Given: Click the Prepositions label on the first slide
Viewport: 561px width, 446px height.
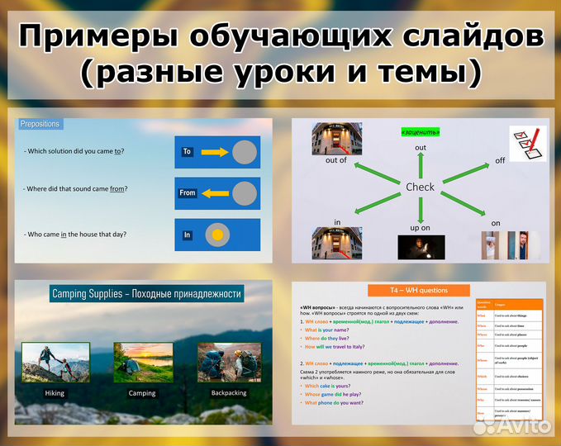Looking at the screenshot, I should (x=40, y=124).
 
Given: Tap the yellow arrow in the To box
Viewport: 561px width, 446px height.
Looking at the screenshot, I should (x=214, y=152).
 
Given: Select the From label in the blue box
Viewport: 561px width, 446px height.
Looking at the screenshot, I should (x=188, y=192).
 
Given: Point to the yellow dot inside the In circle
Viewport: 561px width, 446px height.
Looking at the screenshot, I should (x=217, y=235).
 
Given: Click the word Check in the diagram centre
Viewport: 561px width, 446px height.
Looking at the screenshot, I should (x=420, y=187).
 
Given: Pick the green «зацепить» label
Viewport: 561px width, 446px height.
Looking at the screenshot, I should (x=420, y=131).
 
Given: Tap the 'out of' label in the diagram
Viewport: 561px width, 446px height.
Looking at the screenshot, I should (x=336, y=160).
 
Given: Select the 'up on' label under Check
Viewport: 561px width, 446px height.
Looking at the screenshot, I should (x=420, y=227).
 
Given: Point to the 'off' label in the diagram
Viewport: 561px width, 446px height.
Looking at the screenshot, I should (x=499, y=160).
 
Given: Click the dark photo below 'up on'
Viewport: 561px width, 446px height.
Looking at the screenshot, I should (x=421, y=247).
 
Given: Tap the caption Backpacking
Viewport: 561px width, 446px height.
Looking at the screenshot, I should (x=227, y=393).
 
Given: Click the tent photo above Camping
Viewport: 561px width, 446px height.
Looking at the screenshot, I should (x=142, y=362).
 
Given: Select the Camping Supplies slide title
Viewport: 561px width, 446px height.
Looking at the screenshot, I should (x=147, y=294).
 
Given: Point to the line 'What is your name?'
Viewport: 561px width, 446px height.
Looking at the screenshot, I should (x=338, y=330).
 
